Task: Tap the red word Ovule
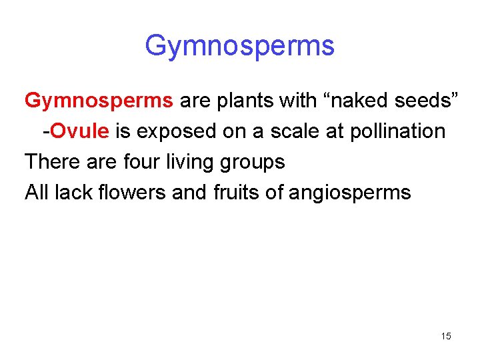point(79,131)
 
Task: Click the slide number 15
point(446,336)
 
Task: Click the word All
point(37,193)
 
